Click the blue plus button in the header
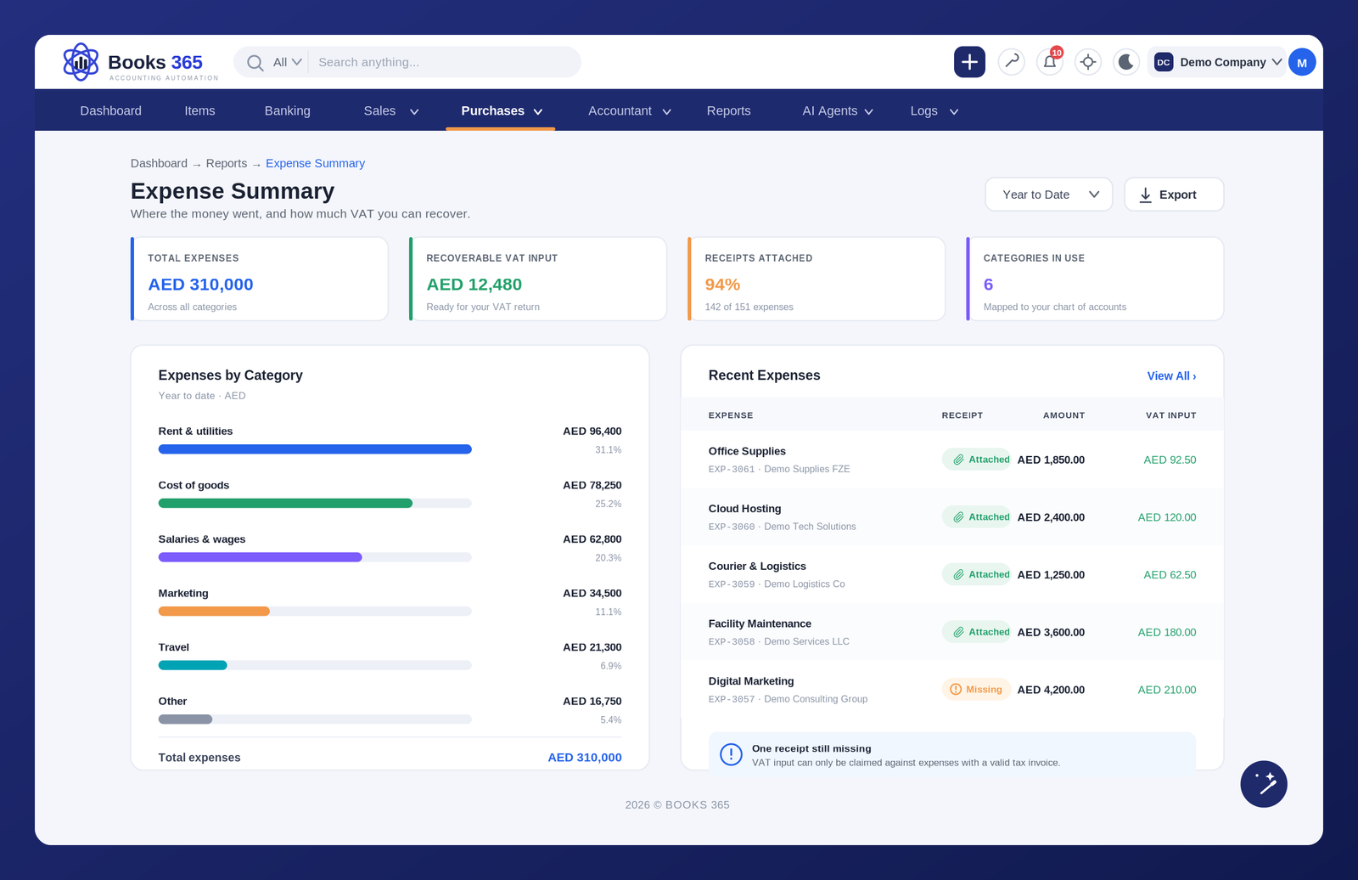coord(968,62)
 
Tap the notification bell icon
coord(1049,62)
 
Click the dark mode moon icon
coord(1125,62)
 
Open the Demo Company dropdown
coord(1217,62)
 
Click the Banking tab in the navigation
coord(288,110)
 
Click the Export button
coord(1174,195)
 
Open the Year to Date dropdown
coord(1048,195)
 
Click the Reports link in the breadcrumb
coord(226,163)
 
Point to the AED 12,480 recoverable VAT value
coord(474,284)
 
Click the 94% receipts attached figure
coord(722,284)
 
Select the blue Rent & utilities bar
coord(315,449)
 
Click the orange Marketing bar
coord(214,611)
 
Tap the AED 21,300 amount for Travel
coord(592,647)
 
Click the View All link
coord(1171,375)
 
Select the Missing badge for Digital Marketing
coord(975,690)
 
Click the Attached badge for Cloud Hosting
coord(976,517)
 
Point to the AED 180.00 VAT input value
coord(1166,632)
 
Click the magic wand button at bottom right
coord(1264,783)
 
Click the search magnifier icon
coord(255,63)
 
